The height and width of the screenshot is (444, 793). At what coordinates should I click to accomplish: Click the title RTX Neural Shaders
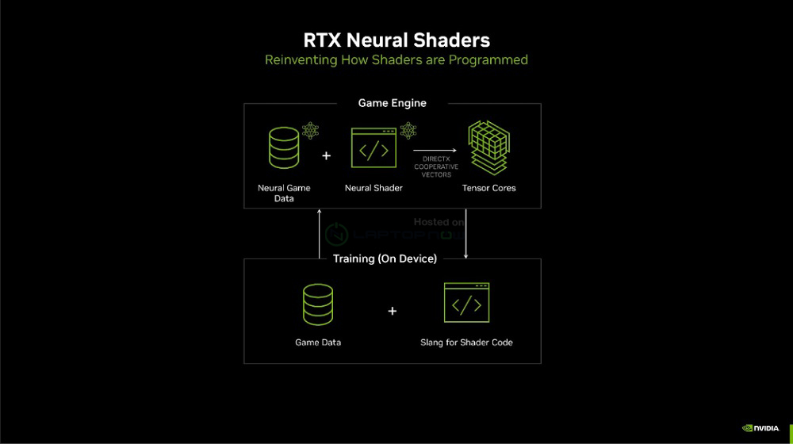396,40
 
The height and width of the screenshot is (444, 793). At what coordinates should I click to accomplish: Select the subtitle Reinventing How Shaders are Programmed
396,60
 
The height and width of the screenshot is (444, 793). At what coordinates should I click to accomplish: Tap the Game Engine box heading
392,103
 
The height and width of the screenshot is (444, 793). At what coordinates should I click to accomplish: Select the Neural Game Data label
284,193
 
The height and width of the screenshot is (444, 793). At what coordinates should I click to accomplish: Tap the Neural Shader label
374,188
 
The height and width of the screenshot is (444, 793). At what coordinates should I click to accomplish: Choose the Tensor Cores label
488,188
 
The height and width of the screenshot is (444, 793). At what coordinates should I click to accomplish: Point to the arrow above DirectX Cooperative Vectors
435,150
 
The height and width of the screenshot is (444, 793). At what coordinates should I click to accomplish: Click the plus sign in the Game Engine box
326,155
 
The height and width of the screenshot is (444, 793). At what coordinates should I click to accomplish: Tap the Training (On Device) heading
385,258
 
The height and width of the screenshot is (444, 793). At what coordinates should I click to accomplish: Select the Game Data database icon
317,305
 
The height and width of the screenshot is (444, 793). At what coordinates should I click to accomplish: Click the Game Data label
318,343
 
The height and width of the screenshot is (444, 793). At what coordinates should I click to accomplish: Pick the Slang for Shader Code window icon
466,303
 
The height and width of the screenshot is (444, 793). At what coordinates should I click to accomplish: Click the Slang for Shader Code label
466,343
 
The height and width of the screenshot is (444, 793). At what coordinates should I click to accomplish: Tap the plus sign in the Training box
392,312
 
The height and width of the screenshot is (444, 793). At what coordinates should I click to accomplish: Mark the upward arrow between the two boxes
319,233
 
